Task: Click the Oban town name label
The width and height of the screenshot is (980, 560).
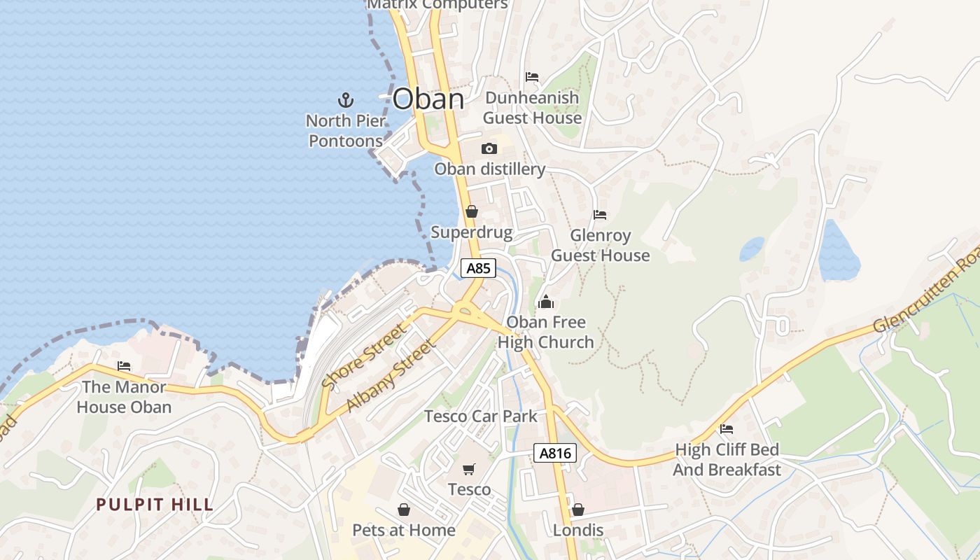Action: (x=428, y=99)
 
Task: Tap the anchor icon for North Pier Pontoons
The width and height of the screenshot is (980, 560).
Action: (x=345, y=99)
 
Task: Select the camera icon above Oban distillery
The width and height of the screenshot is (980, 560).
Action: (x=489, y=148)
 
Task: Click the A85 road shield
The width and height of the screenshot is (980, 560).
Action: (x=479, y=268)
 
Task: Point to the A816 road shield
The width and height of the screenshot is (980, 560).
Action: (x=556, y=453)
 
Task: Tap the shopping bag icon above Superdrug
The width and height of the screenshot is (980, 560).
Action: (x=472, y=211)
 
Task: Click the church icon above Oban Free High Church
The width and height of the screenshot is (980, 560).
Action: (x=546, y=302)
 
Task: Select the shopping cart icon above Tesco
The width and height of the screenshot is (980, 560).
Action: (x=468, y=469)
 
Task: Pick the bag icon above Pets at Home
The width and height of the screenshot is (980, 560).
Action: (x=404, y=510)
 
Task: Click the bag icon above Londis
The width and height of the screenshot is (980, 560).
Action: (x=578, y=510)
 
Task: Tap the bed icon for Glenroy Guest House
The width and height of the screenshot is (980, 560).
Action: (x=600, y=215)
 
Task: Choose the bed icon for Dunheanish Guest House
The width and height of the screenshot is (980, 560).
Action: (x=532, y=77)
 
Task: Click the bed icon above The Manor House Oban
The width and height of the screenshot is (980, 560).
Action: (x=124, y=366)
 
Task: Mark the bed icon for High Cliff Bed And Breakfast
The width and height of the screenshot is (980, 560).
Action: (x=727, y=428)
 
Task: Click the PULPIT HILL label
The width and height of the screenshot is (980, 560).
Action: (x=155, y=505)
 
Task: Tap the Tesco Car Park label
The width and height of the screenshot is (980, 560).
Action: (x=481, y=416)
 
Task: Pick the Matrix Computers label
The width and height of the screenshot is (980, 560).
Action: (x=437, y=4)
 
